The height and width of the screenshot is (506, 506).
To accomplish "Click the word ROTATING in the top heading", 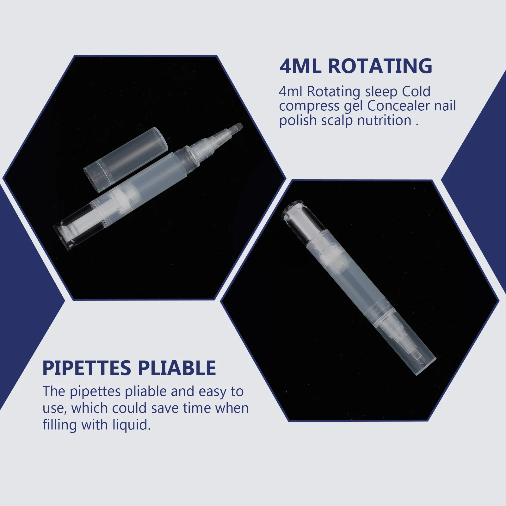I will point(380,66).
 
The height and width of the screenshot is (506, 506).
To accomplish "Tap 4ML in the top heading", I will point(300,66).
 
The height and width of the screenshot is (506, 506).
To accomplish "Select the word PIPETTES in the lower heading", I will point(87,368).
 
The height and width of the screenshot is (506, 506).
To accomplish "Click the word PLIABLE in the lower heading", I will point(177,368).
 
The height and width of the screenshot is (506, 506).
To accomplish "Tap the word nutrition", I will point(384,120).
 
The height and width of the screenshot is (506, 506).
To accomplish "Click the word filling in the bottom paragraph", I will point(60,425).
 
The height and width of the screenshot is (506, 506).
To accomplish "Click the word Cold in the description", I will point(416,92).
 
